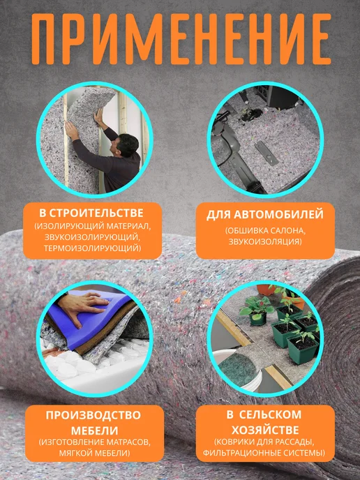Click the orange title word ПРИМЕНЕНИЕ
(181, 40)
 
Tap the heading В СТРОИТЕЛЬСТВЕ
(91, 213)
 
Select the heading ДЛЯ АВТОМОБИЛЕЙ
(265, 215)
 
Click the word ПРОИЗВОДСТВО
(93, 415)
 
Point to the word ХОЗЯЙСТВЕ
(265, 430)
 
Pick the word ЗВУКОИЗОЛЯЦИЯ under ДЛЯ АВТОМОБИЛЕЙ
(265, 242)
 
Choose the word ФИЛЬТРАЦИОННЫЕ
(241, 453)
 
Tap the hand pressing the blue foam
(82, 306)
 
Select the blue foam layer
(92, 318)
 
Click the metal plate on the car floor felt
(266, 153)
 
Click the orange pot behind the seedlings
(266, 290)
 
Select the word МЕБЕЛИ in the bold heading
(95, 430)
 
